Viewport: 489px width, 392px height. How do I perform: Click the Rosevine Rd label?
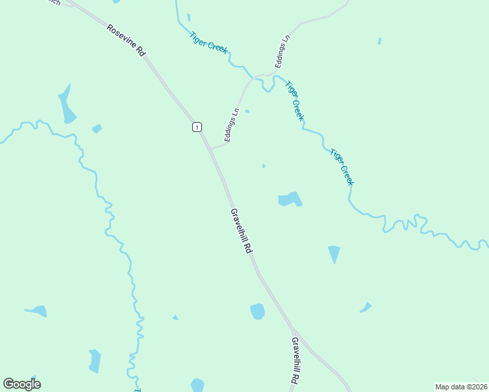click(126, 41)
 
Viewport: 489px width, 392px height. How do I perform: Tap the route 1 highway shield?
click(197, 127)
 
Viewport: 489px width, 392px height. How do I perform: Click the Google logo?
click(22, 384)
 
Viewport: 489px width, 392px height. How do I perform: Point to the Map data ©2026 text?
click(461, 387)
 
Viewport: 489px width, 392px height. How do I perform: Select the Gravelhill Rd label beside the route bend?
click(241, 231)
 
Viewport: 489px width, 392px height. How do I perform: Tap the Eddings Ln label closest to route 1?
click(229, 125)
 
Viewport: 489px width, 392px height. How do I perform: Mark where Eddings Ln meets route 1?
click(211, 148)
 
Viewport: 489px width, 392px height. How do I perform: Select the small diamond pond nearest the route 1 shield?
click(97, 129)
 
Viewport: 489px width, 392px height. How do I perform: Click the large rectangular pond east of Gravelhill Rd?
click(290, 199)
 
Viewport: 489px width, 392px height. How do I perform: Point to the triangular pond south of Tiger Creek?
click(334, 253)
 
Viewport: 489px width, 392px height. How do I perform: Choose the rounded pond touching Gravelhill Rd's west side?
click(258, 312)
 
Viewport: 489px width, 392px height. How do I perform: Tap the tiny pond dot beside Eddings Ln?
click(246, 111)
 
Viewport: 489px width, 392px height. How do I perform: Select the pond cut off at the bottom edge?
click(197, 385)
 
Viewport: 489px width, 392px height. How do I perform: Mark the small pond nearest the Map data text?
click(365, 307)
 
